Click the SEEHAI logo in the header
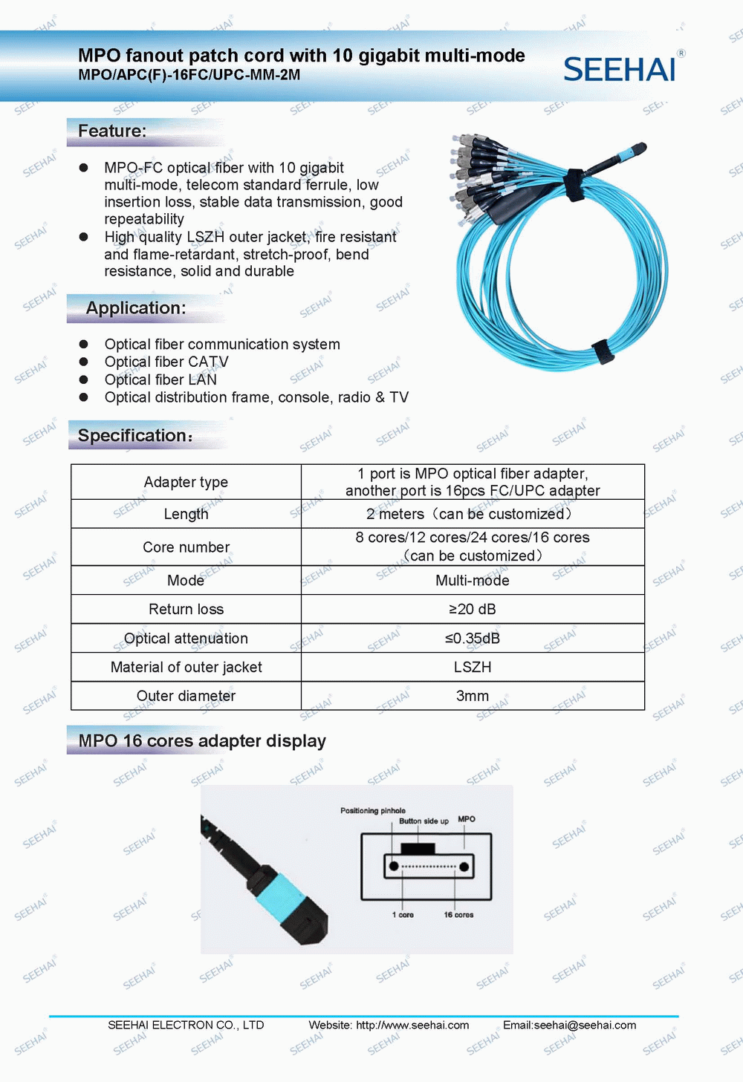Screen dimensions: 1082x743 pyautogui.click(x=620, y=69)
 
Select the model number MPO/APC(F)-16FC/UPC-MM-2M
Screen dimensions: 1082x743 pyautogui.click(x=189, y=75)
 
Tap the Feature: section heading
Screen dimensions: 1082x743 pyautogui.click(x=112, y=131)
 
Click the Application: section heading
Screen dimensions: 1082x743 pyautogui.click(x=136, y=308)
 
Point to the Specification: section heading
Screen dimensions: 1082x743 pyautogui.click(x=134, y=436)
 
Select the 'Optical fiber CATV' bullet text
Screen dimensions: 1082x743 pyautogui.click(x=166, y=362)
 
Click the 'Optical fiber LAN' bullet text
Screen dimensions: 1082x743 pyautogui.click(x=160, y=380)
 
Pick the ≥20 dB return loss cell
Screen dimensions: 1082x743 pyautogui.click(x=473, y=610)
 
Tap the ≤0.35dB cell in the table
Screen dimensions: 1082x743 pyautogui.click(x=473, y=639)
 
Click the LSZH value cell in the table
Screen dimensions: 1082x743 pyautogui.click(x=473, y=668)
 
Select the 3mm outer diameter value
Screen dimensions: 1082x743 pyautogui.click(x=473, y=697)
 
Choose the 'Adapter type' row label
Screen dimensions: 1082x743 pyautogui.click(x=186, y=483)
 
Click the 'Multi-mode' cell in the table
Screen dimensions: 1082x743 pyautogui.click(x=473, y=581)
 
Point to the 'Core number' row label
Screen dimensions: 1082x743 pyautogui.click(x=186, y=547)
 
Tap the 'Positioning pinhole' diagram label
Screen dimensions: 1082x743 pyautogui.click(x=373, y=811)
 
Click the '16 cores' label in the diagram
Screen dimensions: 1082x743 pyautogui.click(x=458, y=915)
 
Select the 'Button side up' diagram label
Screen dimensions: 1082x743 pyautogui.click(x=424, y=821)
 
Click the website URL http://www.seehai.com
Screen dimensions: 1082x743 pyautogui.click(x=412, y=1026)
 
